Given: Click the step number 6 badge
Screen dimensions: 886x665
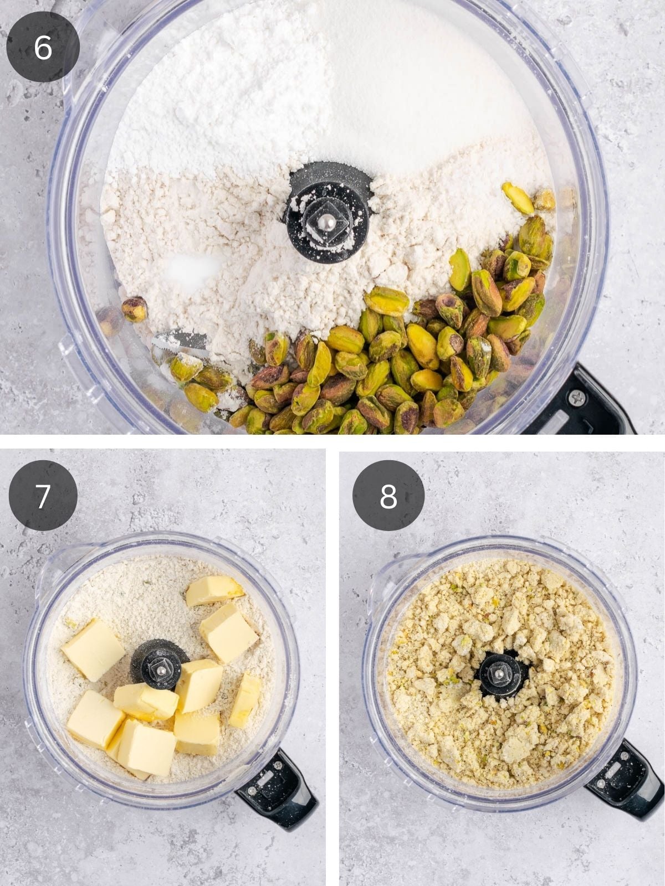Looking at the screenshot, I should [x=43, y=47].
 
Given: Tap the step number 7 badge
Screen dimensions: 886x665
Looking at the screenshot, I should [x=43, y=496].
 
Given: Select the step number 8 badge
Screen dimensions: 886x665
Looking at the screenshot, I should [x=388, y=496].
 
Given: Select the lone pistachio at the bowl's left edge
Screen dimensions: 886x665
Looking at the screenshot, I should [x=135, y=309].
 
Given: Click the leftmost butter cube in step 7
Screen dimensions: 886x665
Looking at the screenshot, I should [x=93, y=650].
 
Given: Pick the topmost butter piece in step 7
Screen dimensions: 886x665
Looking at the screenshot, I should [x=214, y=590].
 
